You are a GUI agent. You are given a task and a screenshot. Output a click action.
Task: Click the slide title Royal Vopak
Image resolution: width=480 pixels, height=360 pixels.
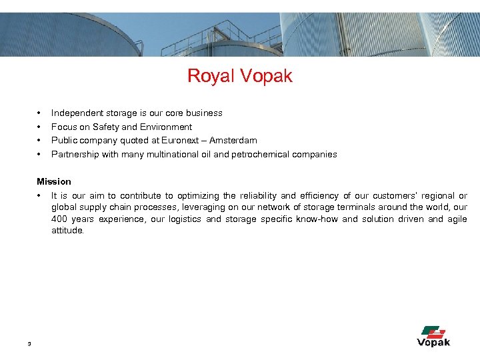[240, 76]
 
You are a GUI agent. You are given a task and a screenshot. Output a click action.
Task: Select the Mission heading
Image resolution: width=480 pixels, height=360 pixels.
[54, 181]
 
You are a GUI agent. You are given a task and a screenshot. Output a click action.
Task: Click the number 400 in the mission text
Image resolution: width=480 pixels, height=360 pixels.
[60, 219]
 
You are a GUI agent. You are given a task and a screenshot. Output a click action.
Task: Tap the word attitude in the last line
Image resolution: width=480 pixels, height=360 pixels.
[67, 231]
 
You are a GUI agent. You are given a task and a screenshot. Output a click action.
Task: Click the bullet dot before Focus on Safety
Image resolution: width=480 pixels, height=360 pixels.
[39, 127]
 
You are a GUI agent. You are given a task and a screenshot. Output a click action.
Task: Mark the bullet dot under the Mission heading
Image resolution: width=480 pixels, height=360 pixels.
[39, 196]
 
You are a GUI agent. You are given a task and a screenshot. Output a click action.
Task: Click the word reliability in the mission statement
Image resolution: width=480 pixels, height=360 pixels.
[257, 196]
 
